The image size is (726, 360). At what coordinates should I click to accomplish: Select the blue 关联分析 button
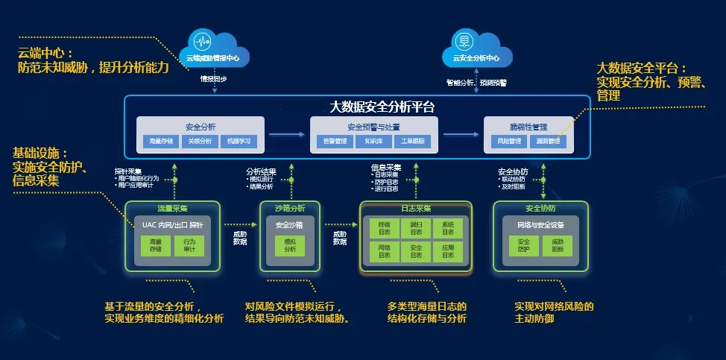(x=200, y=141)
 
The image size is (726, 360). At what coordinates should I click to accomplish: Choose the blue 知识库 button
(x=368, y=141)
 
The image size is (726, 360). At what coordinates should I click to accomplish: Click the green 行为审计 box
(x=189, y=246)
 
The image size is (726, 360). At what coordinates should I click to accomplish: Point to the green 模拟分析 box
(x=290, y=246)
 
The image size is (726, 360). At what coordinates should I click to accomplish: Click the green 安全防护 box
(x=523, y=246)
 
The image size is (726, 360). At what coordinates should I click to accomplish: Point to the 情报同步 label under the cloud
(x=214, y=78)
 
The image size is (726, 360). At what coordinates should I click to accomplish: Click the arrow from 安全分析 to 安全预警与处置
(x=287, y=134)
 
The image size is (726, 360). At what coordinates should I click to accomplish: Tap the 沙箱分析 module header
(x=291, y=208)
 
